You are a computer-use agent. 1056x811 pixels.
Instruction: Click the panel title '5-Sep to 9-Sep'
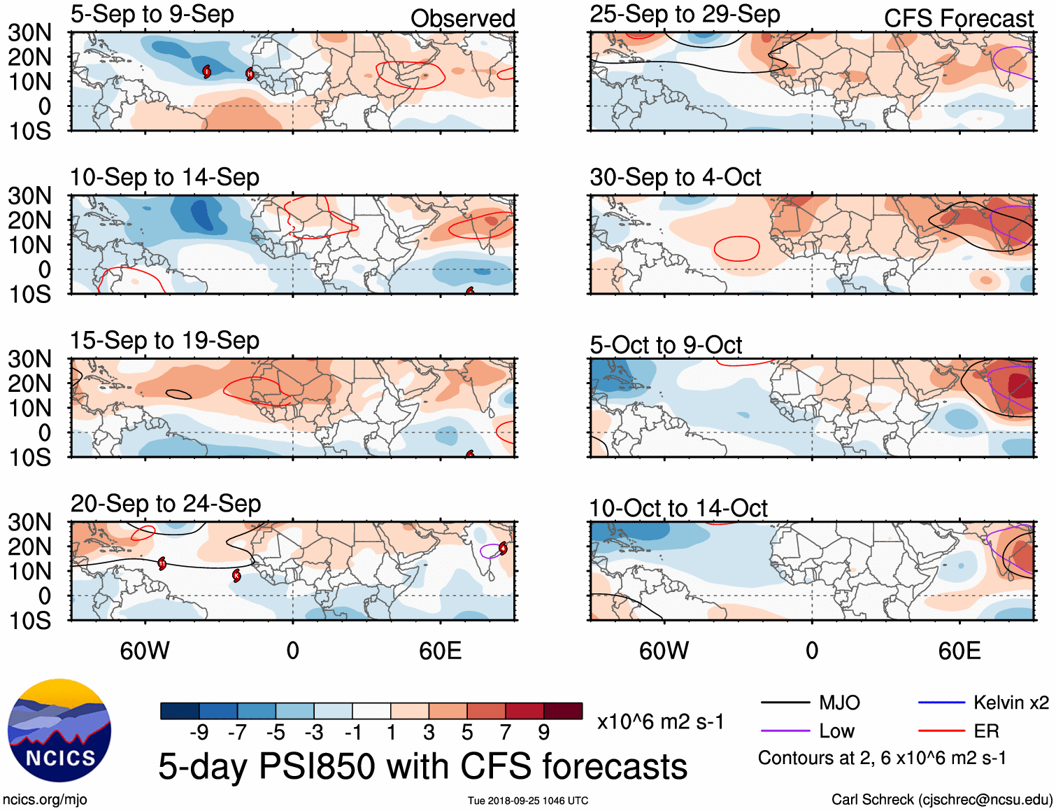(152, 15)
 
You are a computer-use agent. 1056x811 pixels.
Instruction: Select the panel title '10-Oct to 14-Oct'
(678, 509)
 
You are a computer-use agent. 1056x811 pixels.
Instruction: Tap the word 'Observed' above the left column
(462, 19)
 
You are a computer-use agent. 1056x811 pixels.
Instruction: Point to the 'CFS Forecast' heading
(958, 19)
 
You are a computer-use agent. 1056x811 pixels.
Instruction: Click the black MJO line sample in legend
(785, 703)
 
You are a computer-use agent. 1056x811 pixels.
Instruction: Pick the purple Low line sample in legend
(785, 731)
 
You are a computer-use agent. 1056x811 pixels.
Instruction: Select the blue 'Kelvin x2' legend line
(941, 703)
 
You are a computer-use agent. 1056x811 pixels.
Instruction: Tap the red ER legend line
(941, 731)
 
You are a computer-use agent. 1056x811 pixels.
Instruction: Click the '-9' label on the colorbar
(199, 733)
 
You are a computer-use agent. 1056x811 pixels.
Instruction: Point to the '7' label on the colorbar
(506, 733)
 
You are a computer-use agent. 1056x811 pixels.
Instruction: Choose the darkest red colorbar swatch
(563, 711)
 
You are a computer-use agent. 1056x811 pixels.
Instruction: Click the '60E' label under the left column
(440, 651)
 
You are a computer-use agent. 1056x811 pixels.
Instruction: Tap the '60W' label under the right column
(664, 651)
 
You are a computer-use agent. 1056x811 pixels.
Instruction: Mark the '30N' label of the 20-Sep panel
(30, 522)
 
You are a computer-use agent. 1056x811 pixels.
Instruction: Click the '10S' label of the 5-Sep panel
(30, 131)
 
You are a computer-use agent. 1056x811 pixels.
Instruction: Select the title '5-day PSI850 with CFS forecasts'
(422, 766)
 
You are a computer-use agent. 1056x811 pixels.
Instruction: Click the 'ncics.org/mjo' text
(45, 800)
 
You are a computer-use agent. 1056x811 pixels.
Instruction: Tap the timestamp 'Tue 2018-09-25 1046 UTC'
(528, 801)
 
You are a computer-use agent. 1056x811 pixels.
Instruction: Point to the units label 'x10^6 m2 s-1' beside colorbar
(660, 721)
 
